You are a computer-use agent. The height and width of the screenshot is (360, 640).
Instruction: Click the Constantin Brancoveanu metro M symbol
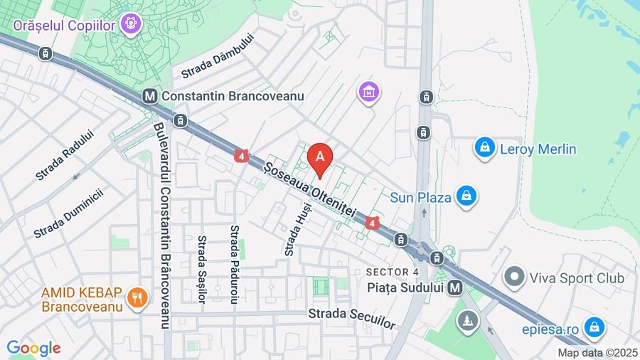149,95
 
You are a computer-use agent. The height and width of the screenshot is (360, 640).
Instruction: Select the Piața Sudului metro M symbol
456,288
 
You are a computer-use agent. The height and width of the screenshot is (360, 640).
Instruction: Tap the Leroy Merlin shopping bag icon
484,149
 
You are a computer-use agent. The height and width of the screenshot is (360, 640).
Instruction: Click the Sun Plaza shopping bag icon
466,196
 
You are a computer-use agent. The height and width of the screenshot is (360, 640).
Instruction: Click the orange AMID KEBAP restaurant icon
138,299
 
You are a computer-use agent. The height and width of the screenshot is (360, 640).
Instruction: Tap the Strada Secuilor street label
351,318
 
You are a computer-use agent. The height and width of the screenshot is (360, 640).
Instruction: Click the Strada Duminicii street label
68,211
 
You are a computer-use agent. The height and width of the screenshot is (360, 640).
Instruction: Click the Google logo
33,348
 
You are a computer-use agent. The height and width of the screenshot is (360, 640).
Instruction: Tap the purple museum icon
368,92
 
